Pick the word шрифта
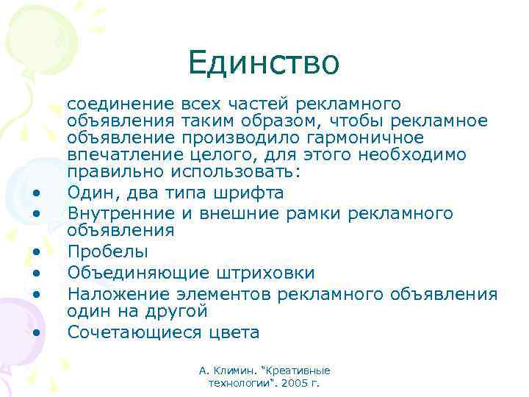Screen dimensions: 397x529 250,193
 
